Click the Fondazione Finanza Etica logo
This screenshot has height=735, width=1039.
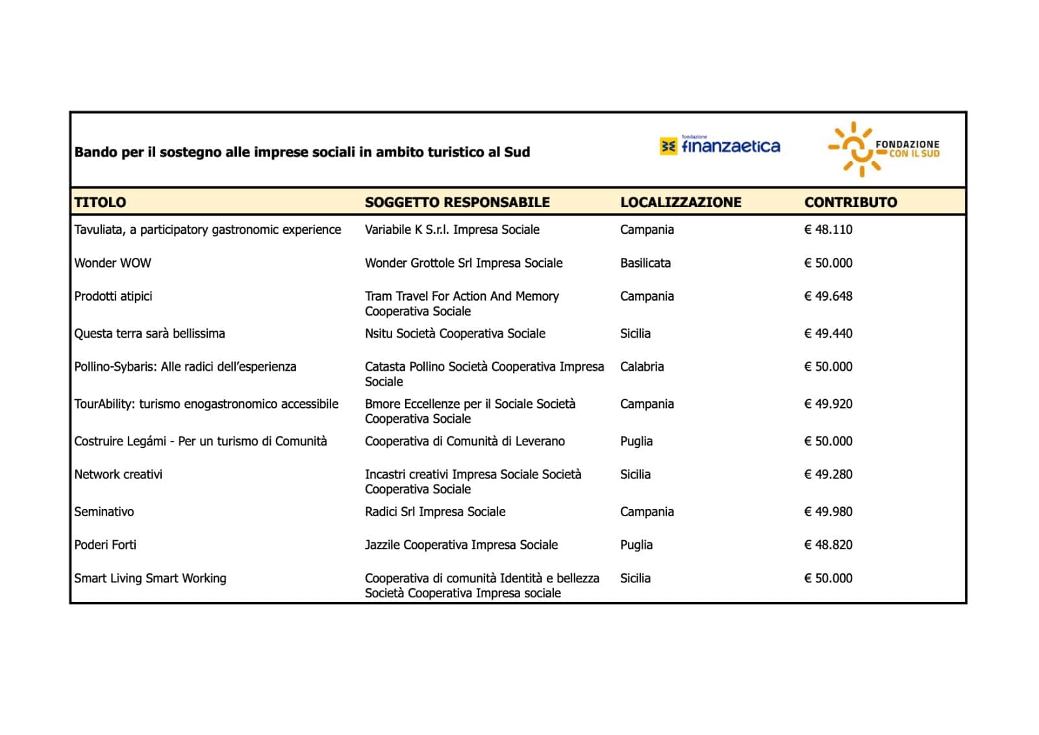click(x=720, y=146)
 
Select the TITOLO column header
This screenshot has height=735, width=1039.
click(x=100, y=202)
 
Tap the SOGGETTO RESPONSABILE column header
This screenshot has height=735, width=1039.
click(x=457, y=202)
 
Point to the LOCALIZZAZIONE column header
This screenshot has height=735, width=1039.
click(x=681, y=202)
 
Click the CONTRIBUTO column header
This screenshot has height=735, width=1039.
click(x=851, y=202)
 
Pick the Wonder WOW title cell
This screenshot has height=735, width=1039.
click(x=112, y=263)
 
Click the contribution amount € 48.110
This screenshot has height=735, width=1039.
click(x=828, y=229)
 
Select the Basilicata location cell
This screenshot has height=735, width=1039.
click(x=645, y=263)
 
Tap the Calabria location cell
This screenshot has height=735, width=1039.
click(x=642, y=366)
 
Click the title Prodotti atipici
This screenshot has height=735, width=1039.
click(x=113, y=296)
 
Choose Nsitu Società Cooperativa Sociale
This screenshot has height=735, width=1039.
click(x=455, y=333)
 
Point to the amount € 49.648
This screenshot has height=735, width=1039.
click(x=828, y=296)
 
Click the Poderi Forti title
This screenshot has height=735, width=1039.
click(x=105, y=545)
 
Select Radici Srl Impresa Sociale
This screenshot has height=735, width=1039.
click(x=435, y=512)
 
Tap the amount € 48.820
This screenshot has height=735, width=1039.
click(x=828, y=545)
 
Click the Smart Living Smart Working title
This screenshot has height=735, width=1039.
click(x=150, y=578)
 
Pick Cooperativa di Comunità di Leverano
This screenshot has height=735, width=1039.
click(x=465, y=441)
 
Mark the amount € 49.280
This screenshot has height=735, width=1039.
click(x=828, y=474)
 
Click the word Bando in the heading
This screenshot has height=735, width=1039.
click(x=92, y=152)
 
